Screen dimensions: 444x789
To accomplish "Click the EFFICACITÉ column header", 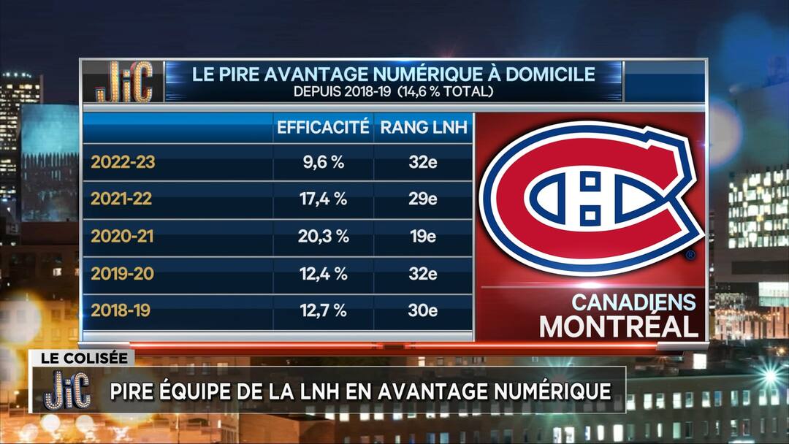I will click(x=322, y=128).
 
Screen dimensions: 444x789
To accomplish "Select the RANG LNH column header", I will click(x=423, y=128).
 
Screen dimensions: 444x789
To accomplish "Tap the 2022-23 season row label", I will click(x=123, y=162).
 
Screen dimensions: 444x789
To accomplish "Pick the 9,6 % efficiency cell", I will click(x=322, y=162).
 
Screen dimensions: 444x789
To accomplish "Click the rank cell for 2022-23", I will click(x=423, y=162).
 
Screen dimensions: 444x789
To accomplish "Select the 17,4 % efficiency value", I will click(x=322, y=199).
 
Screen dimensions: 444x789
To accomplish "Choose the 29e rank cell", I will click(x=423, y=199).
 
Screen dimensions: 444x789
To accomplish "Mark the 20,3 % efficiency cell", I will click(x=322, y=237).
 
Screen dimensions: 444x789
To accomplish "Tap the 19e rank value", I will click(x=423, y=237).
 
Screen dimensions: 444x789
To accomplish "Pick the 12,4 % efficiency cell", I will click(x=322, y=274).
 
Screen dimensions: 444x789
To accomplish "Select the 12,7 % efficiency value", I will click(x=322, y=310).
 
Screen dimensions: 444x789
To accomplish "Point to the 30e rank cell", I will click(x=423, y=310).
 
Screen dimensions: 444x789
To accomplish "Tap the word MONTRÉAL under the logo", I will click(x=619, y=326).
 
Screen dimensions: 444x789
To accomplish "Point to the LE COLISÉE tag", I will click(x=82, y=359).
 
